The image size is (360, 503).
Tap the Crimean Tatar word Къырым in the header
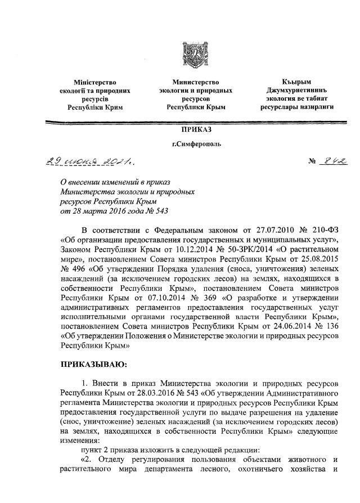click(296, 83)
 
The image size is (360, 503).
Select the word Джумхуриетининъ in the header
click(296, 91)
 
